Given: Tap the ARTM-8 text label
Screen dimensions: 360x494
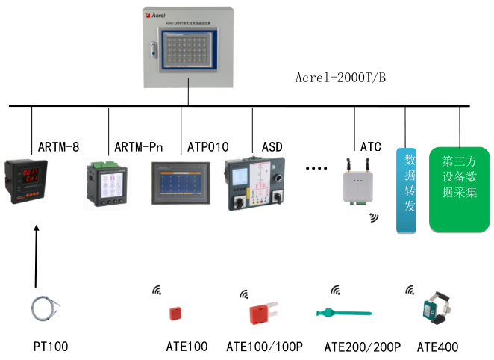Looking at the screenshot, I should pos(58,146).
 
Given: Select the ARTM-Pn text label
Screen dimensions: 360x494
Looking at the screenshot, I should pos(139,146).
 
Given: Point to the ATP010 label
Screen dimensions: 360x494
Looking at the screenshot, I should pos(207,146).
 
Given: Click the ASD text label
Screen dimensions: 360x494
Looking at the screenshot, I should pos(272,146).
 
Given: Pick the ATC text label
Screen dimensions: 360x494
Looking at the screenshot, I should pos(371,146).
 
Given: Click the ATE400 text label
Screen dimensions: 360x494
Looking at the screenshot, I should pos(437,347).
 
